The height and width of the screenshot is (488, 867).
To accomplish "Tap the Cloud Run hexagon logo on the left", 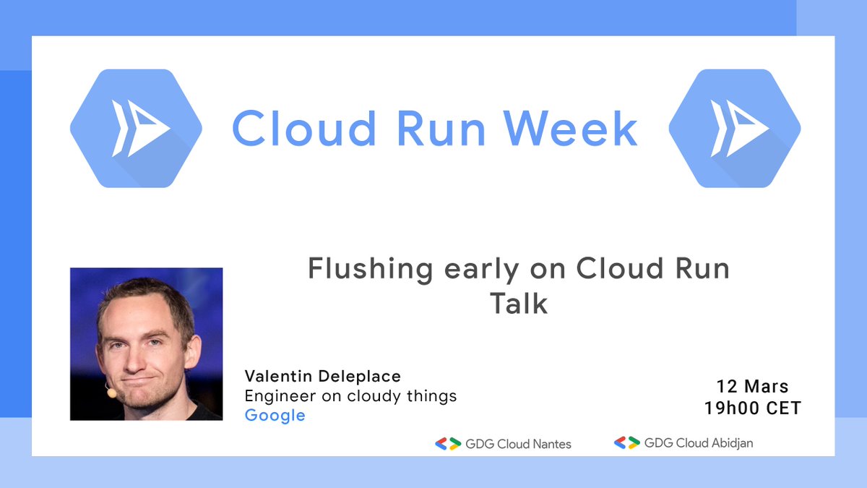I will [x=136, y=129].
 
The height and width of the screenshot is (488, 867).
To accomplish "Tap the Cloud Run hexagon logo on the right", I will [x=734, y=129].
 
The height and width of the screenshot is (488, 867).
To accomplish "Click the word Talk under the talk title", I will [x=519, y=304].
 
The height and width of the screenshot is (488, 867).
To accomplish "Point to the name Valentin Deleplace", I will [x=322, y=376].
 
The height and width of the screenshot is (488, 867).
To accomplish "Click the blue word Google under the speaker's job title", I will [x=275, y=416].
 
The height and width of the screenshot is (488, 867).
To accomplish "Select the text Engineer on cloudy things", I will [x=350, y=396].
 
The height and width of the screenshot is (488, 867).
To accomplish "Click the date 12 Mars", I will [x=753, y=386].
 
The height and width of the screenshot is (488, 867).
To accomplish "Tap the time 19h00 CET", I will [x=753, y=408].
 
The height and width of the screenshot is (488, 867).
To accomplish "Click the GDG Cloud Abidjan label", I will [x=698, y=442].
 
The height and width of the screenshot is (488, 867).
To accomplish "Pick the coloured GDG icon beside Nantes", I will [x=447, y=444].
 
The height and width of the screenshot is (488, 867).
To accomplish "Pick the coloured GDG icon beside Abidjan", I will [x=626, y=442].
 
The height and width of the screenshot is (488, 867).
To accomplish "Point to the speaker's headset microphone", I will [x=111, y=393].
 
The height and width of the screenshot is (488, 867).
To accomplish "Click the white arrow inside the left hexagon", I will [x=141, y=129].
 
